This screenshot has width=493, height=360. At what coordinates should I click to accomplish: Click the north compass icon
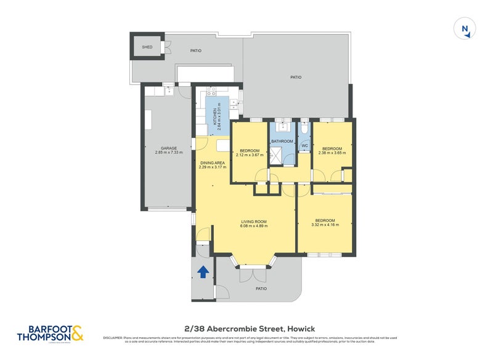465,30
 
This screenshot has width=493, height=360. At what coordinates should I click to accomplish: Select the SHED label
147,47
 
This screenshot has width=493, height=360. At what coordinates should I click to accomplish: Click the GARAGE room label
169,148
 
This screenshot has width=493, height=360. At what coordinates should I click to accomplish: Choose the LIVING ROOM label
254,221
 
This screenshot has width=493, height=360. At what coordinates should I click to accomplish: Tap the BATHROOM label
282,141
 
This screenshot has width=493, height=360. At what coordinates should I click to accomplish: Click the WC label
304,146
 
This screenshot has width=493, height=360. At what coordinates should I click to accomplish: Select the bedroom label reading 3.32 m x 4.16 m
325,221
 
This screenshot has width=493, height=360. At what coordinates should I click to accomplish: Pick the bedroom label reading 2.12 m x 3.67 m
250,154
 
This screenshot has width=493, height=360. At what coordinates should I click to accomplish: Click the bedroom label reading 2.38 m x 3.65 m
332,153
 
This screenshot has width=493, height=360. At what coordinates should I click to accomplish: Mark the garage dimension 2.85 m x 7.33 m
169,152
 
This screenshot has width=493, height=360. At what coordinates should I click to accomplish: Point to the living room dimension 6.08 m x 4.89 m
254,226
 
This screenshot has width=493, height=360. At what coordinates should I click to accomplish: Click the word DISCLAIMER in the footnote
113,338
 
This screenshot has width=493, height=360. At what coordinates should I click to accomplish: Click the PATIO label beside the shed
195,51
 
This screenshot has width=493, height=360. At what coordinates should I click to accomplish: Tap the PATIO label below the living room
261,288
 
